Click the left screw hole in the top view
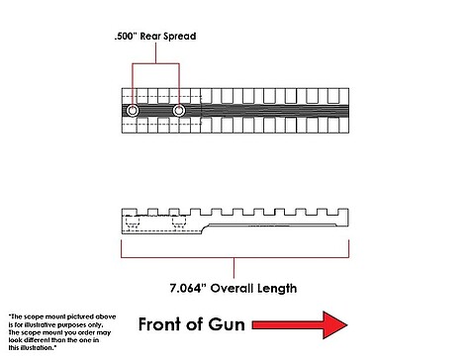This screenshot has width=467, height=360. pyautogui.click(x=133, y=111)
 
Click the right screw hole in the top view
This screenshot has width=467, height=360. pyautogui.click(x=179, y=111)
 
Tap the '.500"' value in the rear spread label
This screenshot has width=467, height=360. pyautogui.click(x=126, y=36)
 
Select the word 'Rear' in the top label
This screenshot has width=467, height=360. pyautogui.click(x=151, y=36)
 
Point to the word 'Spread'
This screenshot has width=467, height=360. pyautogui.click(x=181, y=37)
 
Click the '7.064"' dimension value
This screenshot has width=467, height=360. pyautogui.click(x=188, y=288)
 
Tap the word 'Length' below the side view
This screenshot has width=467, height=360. pyautogui.click(x=277, y=289)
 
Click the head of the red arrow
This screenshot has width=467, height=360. pyautogui.click(x=334, y=325)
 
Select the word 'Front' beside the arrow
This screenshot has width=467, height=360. pyautogui.click(x=159, y=324)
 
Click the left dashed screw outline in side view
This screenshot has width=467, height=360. pyautogui.click(x=133, y=222)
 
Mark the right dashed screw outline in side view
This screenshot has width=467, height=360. pyautogui.click(x=179, y=222)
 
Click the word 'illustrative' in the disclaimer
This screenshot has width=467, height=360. pyautogui.click(x=36, y=324)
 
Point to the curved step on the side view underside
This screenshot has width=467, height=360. pyautogui.click(x=205, y=227)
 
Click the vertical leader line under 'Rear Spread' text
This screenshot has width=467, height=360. pyautogui.click(x=155, y=52)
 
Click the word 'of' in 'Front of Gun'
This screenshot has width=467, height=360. pyautogui.click(x=195, y=324)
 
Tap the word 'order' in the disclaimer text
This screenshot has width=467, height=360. pyautogui.click(x=86, y=332)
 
